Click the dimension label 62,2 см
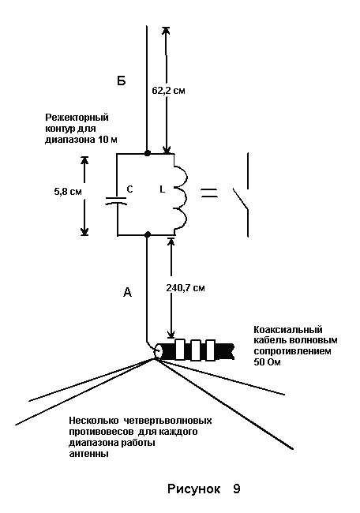(x=168, y=91)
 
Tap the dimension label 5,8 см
(x=68, y=192)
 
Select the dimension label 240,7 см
(x=186, y=288)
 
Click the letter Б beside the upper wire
(x=122, y=81)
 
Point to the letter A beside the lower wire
(x=128, y=292)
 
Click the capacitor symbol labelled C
(x=116, y=200)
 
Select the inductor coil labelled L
(x=180, y=194)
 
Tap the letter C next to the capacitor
(x=129, y=189)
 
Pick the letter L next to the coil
(x=163, y=189)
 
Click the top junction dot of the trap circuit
(x=148, y=153)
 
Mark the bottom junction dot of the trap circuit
(x=148, y=234)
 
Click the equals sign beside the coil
(x=209, y=193)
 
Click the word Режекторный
(x=77, y=118)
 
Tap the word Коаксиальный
(x=288, y=330)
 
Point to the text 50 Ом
(x=267, y=362)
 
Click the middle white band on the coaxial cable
(x=196, y=350)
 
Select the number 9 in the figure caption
(x=237, y=489)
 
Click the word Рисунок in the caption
(x=193, y=489)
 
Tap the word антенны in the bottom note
(x=88, y=454)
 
